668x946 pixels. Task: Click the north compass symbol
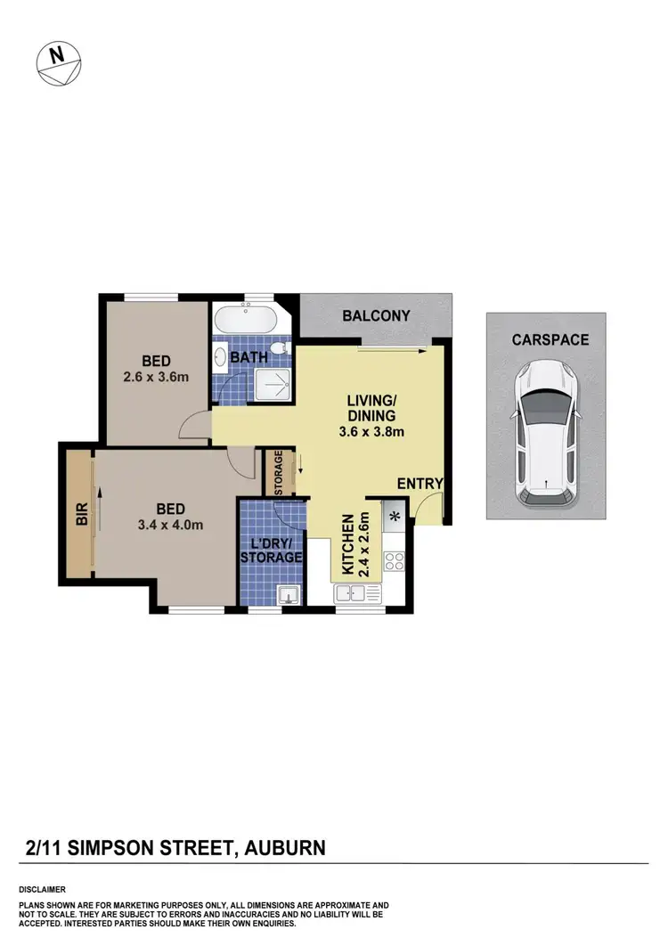coord(58,62)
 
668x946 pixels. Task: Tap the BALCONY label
coord(376,315)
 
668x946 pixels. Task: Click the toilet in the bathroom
coord(280,350)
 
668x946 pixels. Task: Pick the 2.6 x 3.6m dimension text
coord(156,377)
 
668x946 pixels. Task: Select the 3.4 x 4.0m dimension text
coord(170,525)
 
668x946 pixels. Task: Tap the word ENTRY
coord(420,483)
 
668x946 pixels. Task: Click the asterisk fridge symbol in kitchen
coord(393,514)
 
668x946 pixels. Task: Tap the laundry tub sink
coord(287,593)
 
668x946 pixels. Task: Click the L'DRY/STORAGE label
coord(271,550)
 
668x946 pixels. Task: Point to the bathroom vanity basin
coord(220,360)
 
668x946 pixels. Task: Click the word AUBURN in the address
coord(282,848)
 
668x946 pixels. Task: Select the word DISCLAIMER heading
coord(42,890)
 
